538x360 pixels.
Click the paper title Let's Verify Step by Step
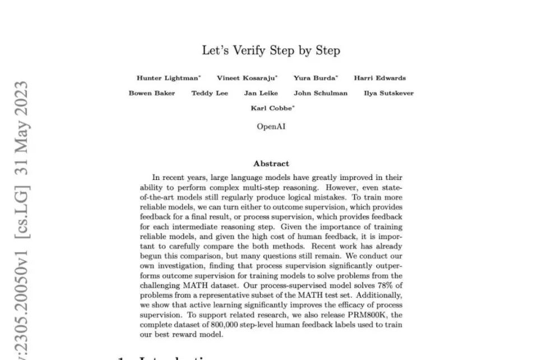pyautogui.click(x=271, y=50)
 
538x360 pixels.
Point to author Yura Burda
pyautogui.click(x=314, y=78)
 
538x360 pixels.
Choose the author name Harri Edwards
pyautogui.click(x=379, y=78)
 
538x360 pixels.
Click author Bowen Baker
pyautogui.click(x=151, y=93)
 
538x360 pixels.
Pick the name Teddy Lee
pyautogui.click(x=210, y=93)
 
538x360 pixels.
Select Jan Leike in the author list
pyautogui.click(x=261, y=93)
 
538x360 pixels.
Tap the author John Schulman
pyautogui.click(x=321, y=93)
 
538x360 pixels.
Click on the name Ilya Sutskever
pyautogui.click(x=388, y=93)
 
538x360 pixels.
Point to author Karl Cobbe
pyautogui.click(x=271, y=108)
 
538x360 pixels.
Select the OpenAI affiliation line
pyautogui.click(x=271, y=127)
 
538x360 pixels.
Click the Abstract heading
pyautogui.click(x=271, y=164)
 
